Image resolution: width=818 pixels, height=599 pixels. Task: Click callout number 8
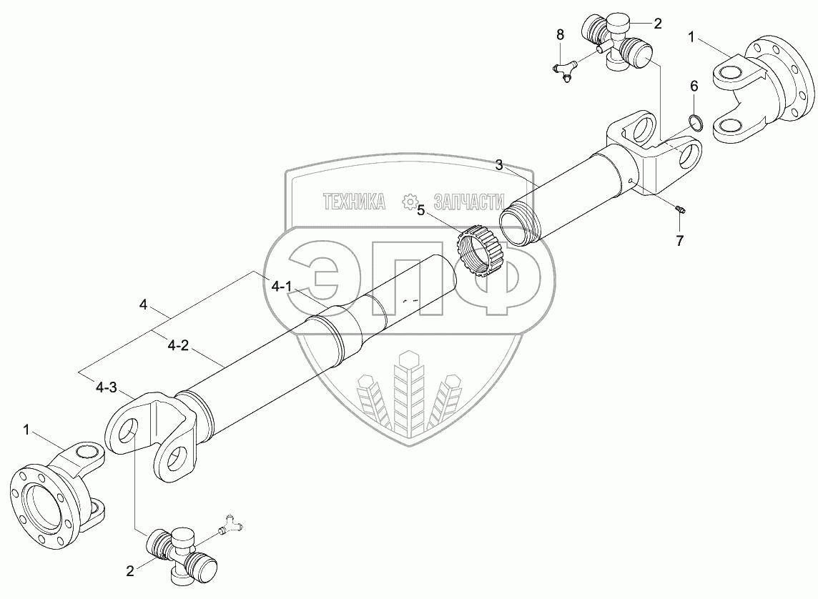(x=560, y=34)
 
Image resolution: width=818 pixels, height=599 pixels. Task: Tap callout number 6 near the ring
(x=693, y=86)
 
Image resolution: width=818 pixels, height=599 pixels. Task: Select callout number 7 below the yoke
(x=679, y=240)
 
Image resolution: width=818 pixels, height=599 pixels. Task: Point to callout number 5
(x=421, y=210)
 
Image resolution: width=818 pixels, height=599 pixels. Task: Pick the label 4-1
(x=282, y=287)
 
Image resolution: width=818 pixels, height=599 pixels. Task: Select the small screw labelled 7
(x=681, y=209)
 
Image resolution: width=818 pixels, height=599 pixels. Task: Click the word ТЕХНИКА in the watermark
(x=355, y=202)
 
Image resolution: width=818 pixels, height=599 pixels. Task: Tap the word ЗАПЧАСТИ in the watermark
(x=463, y=202)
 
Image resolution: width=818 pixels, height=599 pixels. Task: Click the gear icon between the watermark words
(x=410, y=202)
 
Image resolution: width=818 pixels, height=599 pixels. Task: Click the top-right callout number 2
(x=656, y=23)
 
